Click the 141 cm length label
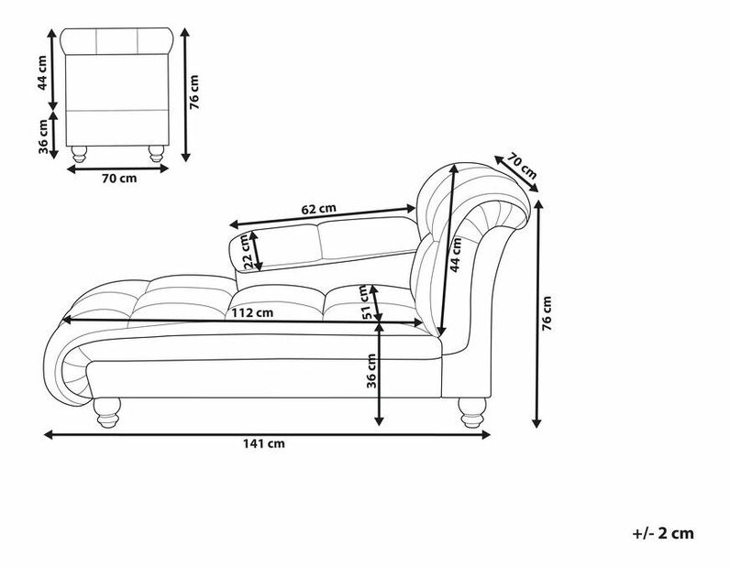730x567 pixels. [x=263, y=443]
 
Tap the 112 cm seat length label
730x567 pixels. [x=252, y=312]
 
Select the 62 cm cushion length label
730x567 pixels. [x=318, y=209]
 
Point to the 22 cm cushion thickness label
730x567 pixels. [x=248, y=251]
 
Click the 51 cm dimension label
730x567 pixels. [x=366, y=302]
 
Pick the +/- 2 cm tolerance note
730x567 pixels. [x=663, y=533]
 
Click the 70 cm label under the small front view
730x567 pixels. [x=119, y=178]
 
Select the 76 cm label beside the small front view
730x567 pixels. [x=194, y=93]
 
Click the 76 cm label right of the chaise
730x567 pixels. [x=547, y=313]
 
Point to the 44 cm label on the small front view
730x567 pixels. [x=42, y=73]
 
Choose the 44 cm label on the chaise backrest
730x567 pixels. [x=455, y=255]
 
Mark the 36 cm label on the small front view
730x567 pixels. [x=43, y=136]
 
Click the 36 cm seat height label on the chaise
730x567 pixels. [x=371, y=371]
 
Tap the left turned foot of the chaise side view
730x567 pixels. [x=107, y=412]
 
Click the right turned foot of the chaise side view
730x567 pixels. [x=472, y=412]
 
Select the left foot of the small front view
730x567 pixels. [x=79, y=154]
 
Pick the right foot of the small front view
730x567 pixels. [x=156, y=154]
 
